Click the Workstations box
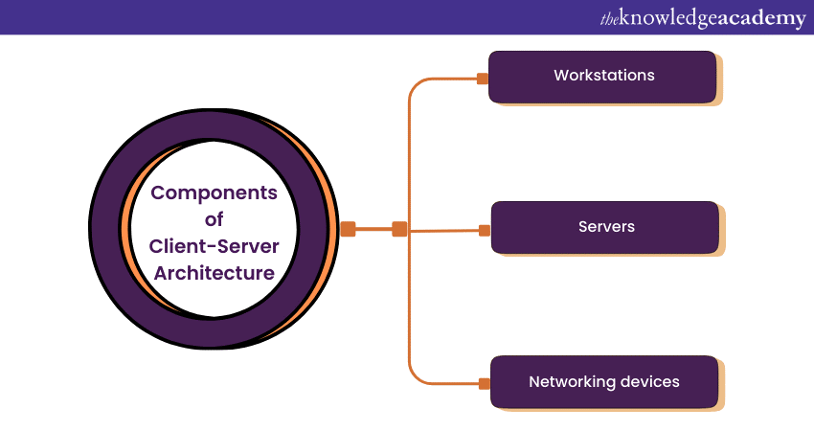point(602,77)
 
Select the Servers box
point(605,227)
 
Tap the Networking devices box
point(604,382)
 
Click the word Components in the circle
point(215,193)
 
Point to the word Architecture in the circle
point(215,273)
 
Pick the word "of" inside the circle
point(214,219)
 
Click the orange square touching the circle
point(349,229)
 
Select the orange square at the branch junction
point(399,229)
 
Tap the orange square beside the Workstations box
point(483,79)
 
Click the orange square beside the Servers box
point(485,230)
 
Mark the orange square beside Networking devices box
point(484,383)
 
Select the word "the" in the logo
point(608,18)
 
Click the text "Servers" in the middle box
point(606,227)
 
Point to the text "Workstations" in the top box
point(603,75)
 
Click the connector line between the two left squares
point(373,229)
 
